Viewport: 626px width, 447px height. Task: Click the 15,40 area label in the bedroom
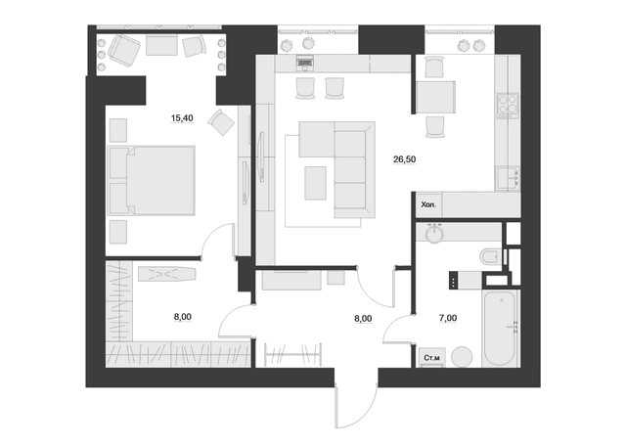(x=181, y=118)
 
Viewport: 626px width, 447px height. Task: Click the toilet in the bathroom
(x=489, y=256)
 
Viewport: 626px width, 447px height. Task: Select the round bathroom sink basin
(x=432, y=234)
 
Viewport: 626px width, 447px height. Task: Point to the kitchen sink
(x=506, y=177)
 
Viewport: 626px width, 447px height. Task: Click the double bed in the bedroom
(x=152, y=179)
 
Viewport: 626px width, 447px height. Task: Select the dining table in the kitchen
(x=435, y=99)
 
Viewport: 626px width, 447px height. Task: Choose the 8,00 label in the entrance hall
(x=362, y=319)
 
